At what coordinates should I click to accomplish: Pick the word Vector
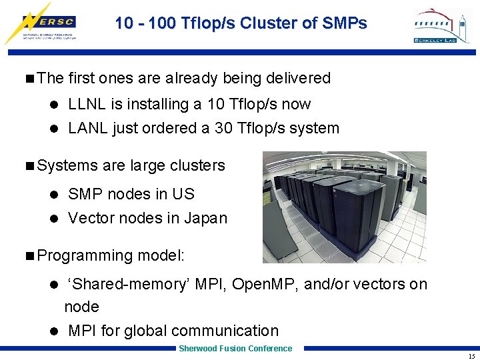click(89, 218)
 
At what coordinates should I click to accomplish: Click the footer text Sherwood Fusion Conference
click(235, 349)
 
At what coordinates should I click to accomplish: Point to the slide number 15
click(471, 356)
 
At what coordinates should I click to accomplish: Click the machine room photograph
click(344, 207)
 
